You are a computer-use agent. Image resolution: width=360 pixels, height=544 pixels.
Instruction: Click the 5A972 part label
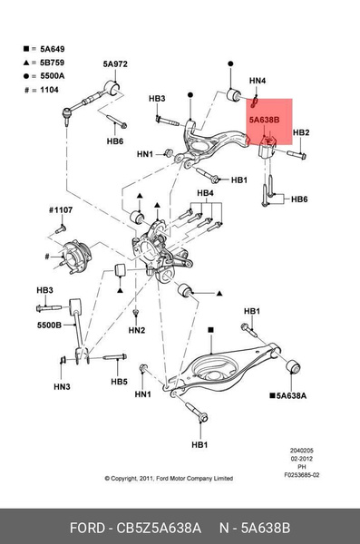click(115, 64)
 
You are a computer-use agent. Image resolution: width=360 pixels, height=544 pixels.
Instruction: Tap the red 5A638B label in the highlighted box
click(264, 120)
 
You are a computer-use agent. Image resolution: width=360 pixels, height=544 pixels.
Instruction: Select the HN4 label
click(258, 81)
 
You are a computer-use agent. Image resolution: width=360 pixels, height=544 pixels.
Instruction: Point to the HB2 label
click(301, 132)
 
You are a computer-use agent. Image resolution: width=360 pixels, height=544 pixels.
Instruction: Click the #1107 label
click(61, 210)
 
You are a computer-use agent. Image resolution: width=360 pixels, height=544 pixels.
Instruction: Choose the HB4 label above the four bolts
click(205, 193)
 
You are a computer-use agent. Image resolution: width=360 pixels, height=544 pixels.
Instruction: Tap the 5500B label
click(49, 325)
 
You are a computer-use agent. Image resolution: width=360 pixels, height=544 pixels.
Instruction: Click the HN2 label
click(137, 330)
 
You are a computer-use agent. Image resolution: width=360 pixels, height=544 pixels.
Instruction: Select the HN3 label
click(63, 386)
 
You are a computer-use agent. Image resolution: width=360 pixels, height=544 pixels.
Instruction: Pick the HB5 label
click(119, 382)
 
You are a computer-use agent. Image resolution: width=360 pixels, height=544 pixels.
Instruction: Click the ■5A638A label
click(288, 395)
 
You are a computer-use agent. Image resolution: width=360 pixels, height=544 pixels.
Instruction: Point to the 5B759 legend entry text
click(52, 63)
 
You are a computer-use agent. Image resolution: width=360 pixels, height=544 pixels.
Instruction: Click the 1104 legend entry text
click(49, 90)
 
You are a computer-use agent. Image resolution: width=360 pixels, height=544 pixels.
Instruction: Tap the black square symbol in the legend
click(26, 49)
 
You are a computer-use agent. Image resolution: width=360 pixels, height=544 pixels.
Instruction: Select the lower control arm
click(222, 370)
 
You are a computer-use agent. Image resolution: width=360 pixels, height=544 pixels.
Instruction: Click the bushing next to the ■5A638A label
click(293, 367)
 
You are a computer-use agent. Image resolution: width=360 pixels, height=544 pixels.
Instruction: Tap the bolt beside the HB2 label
click(297, 155)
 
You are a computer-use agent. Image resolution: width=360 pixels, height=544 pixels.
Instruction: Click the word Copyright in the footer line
click(124, 479)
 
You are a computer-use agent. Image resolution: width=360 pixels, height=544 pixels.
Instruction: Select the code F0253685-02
click(302, 475)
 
